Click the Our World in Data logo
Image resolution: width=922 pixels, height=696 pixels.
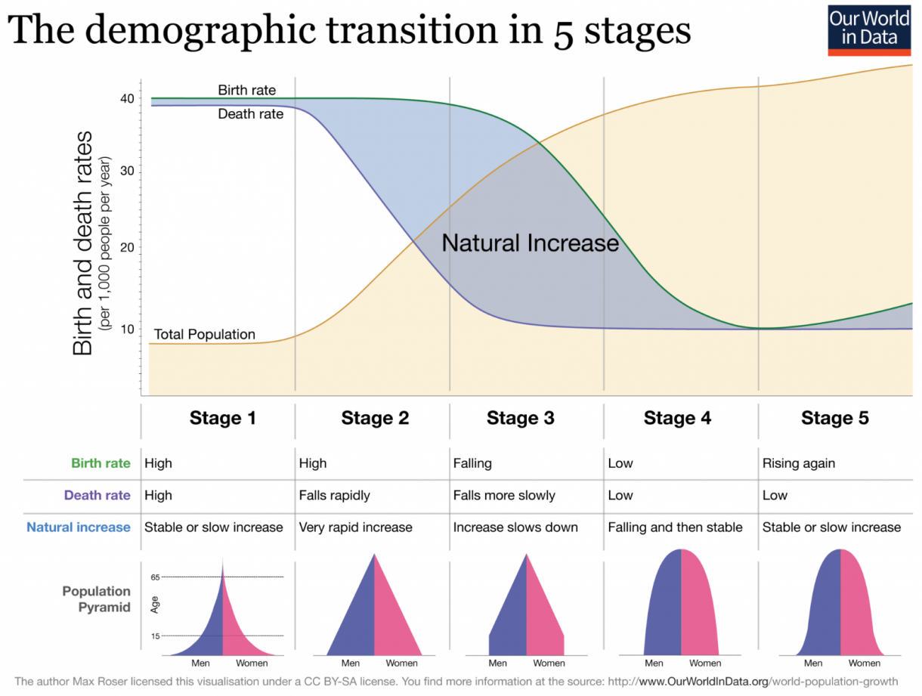coord(868,29)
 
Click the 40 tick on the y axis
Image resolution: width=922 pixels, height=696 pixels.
coord(126,98)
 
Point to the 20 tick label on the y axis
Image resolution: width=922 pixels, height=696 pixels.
coord(126,248)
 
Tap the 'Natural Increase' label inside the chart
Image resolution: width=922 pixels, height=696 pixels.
coord(530,243)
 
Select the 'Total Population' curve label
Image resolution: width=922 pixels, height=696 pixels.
coord(204,334)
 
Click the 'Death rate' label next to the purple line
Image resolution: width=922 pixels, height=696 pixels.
coord(251,114)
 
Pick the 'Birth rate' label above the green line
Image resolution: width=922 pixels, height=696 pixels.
coord(247,90)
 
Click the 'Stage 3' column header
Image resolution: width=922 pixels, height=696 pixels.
coord(521,418)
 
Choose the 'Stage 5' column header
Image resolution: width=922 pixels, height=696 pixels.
coord(835,418)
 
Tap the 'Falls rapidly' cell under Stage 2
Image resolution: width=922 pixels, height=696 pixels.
coord(335,495)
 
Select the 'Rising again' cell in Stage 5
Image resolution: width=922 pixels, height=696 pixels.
coord(799,463)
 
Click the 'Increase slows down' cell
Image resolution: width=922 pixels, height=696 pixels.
coord(515,527)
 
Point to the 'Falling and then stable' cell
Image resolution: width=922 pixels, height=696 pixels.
coord(675,527)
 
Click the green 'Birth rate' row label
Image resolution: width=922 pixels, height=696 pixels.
coord(101,463)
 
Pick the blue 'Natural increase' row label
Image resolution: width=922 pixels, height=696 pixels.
coord(79,527)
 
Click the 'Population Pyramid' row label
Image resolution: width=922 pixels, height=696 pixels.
coord(97,599)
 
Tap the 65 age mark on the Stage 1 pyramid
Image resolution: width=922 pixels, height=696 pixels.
coord(155,577)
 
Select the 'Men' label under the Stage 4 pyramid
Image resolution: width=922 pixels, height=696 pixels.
coord(654,663)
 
